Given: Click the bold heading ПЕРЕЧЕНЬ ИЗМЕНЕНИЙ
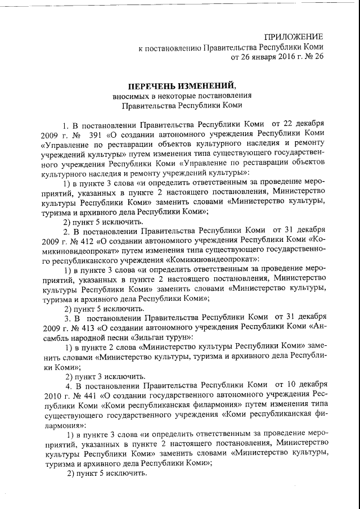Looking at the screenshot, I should tap(180, 86).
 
